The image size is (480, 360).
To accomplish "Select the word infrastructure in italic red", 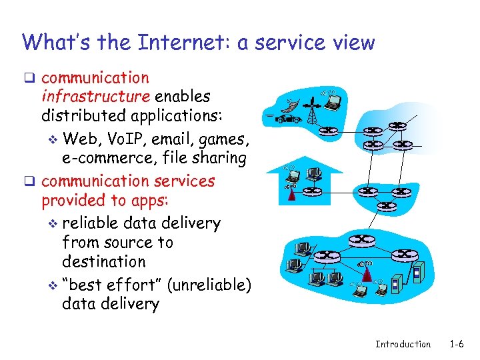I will pos(95,97).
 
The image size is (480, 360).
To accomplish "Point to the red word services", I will pos(184,181).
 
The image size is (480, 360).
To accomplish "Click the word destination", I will pos(103,261).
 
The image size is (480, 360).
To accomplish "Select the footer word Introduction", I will pos(403,344).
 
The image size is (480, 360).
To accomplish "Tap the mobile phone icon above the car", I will pos(291,106).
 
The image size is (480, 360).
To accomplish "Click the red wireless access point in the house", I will pos(291,193).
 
